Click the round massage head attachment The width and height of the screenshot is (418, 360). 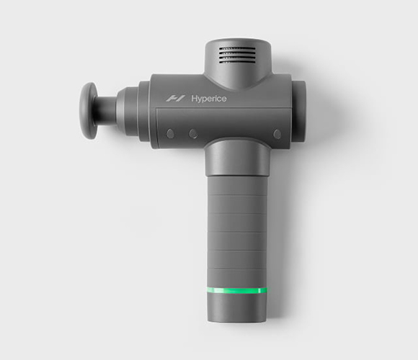(x=89, y=111)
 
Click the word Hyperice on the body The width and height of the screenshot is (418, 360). (x=209, y=99)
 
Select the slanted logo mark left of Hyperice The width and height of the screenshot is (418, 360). (x=175, y=99)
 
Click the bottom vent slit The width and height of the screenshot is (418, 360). (x=237, y=63)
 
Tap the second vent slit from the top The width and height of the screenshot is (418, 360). (x=237, y=53)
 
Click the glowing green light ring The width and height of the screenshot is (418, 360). (x=236, y=290)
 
